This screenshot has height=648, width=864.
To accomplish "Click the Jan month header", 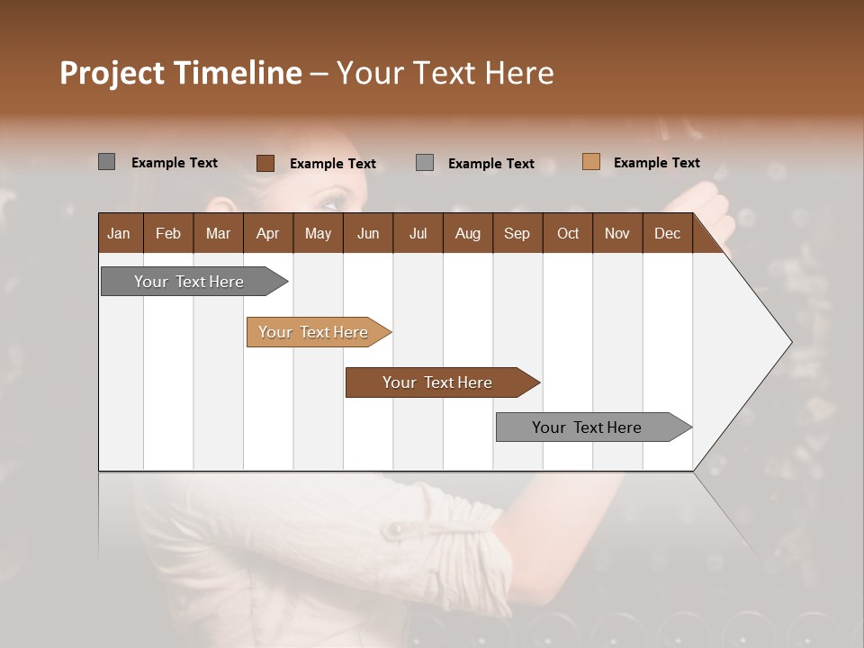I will coord(119,233).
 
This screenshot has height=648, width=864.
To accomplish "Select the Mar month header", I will coord(218,233).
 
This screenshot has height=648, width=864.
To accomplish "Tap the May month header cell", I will coord(318,233).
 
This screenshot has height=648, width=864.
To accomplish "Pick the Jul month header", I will coord(418,233).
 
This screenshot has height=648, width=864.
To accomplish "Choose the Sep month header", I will coord(517,233).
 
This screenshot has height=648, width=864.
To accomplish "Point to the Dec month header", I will coord(667,233).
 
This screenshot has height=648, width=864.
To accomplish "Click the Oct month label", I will coord(568,233).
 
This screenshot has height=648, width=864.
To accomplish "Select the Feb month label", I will coord(168,233).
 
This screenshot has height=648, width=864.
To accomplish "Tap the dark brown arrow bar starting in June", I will coord(438,382).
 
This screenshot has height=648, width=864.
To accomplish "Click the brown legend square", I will coord(265,163).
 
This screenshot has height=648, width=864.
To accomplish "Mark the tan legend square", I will coord(590,162).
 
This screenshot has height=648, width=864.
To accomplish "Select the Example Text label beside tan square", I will coord(656,163).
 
